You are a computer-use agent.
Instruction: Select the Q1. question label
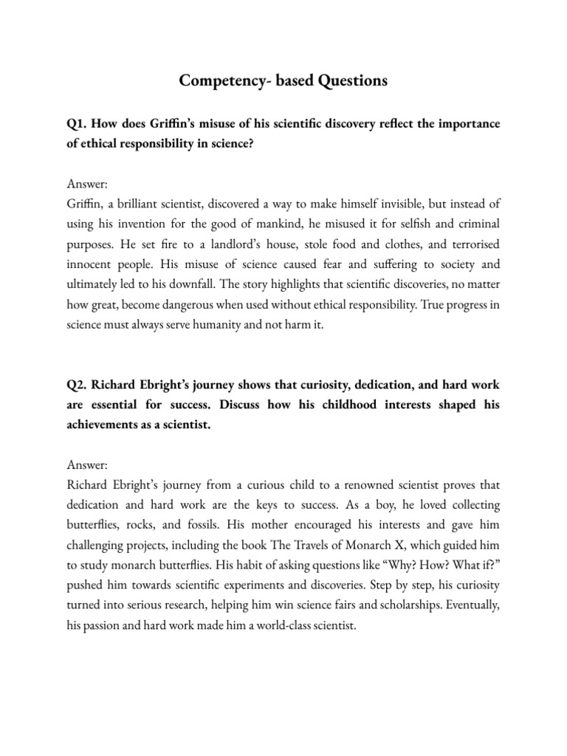point(78,124)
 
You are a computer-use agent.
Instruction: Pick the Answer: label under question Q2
point(87,466)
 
